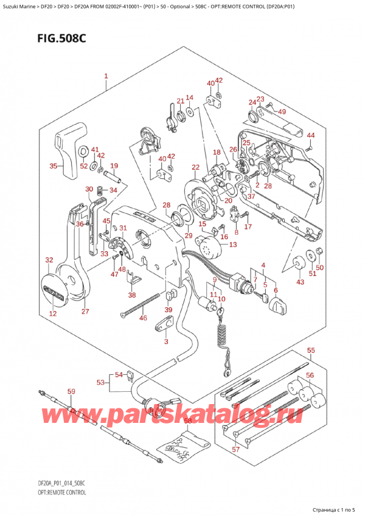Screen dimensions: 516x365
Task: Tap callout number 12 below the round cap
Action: tap(53, 314)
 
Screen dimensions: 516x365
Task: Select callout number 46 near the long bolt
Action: tap(144, 318)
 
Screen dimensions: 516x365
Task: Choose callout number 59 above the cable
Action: tap(71, 391)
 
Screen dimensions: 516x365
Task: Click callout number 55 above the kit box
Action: tap(311, 351)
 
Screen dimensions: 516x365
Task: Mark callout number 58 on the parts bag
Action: tap(187, 420)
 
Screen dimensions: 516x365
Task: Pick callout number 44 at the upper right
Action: tap(311, 135)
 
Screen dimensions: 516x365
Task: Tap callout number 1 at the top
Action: tap(106, 77)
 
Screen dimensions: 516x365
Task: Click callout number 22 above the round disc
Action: tap(195, 167)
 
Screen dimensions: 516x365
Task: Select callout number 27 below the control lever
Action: tap(85, 312)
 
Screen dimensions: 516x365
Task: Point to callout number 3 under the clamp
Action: tap(166, 342)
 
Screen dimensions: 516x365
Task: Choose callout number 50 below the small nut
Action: tap(320, 267)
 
